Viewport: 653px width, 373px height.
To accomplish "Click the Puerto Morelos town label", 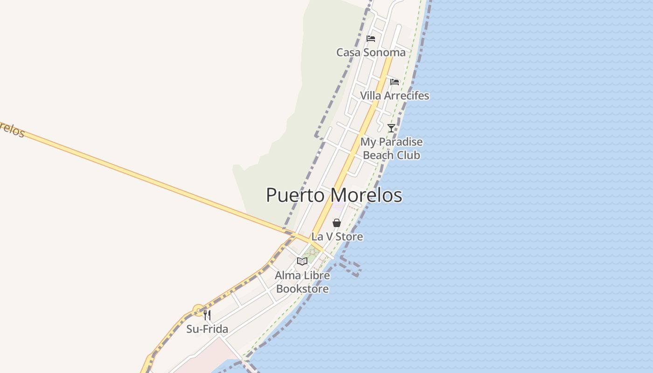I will click(x=334, y=195).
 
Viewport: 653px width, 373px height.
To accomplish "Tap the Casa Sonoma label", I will click(x=371, y=52).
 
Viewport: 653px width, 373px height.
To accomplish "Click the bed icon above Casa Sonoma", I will click(x=371, y=38).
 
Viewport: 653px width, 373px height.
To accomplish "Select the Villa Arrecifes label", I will click(x=394, y=96).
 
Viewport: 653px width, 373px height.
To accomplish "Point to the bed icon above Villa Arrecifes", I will click(x=395, y=82).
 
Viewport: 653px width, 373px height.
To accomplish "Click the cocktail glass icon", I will click(x=391, y=128).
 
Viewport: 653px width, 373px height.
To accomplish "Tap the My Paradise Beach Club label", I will click(x=391, y=148).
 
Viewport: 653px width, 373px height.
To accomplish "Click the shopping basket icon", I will click(x=337, y=223).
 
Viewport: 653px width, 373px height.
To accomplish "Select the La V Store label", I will click(x=337, y=236).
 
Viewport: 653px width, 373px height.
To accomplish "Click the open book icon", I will click(x=302, y=261).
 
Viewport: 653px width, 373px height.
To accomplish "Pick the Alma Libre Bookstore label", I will click(x=302, y=282).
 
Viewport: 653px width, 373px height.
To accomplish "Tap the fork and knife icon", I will click(x=207, y=315).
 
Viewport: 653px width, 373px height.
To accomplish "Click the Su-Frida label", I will click(x=207, y=329).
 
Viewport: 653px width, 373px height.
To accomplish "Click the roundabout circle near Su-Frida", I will click(x=199, y=310).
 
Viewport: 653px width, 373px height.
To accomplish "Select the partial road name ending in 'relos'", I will click(x=11, y=129).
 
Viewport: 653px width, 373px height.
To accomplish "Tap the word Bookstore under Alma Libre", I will click(x=302, y=289).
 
